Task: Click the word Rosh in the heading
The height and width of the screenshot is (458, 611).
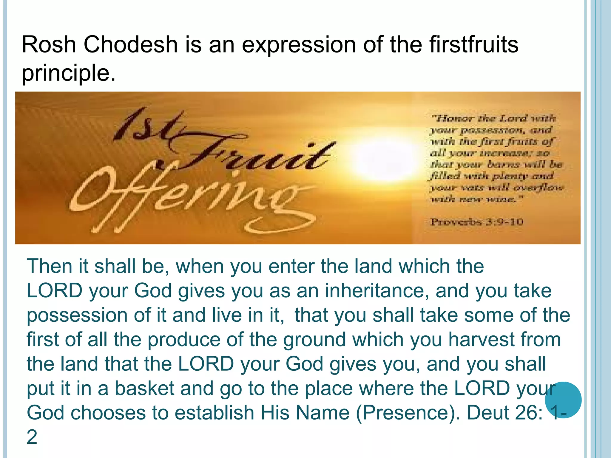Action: point(49,44)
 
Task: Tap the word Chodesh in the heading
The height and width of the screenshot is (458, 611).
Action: point(130,44)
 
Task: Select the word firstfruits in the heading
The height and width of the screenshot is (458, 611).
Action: point(474,44)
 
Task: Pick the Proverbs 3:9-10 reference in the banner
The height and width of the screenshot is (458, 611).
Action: point(477,222)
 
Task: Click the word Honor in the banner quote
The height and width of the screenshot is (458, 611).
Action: point(453,118)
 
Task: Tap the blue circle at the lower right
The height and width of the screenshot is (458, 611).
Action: point(563,400)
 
